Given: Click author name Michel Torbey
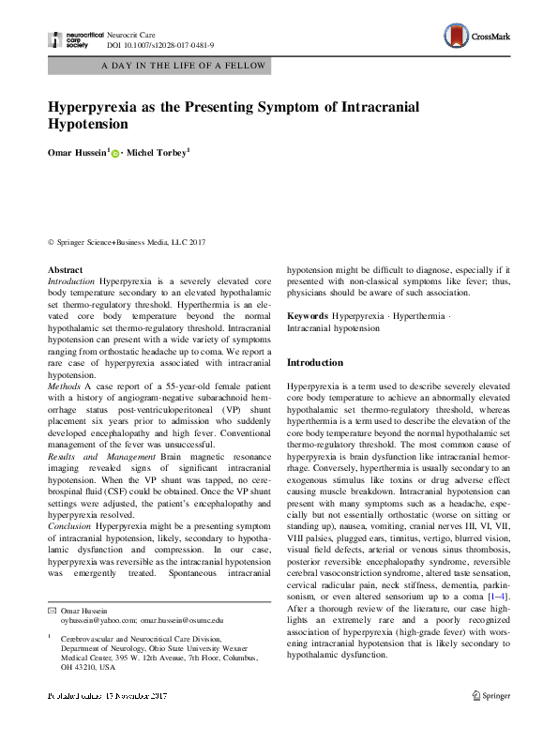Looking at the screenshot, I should pos(159,150).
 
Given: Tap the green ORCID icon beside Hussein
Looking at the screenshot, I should pos(114,151).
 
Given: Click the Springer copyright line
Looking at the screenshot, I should pos(126,242).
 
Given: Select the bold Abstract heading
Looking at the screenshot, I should pos(65,270).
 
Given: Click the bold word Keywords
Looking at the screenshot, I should pos(308,316).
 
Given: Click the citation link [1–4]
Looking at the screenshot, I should pos(499,597).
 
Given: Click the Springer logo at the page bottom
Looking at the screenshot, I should pos(492,696).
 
